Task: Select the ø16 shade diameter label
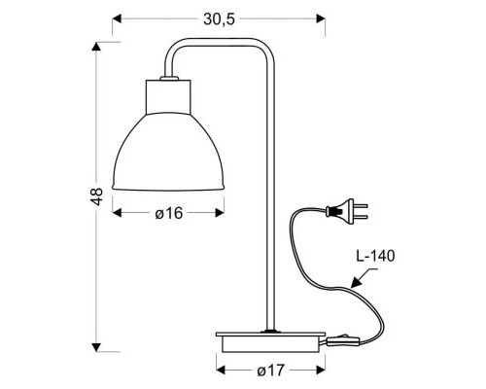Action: (x=168, y=214)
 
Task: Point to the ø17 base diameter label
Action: (x=272, y=371)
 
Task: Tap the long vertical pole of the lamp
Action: (x=268, y=194)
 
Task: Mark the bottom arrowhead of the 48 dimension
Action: (x=93, y=348)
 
